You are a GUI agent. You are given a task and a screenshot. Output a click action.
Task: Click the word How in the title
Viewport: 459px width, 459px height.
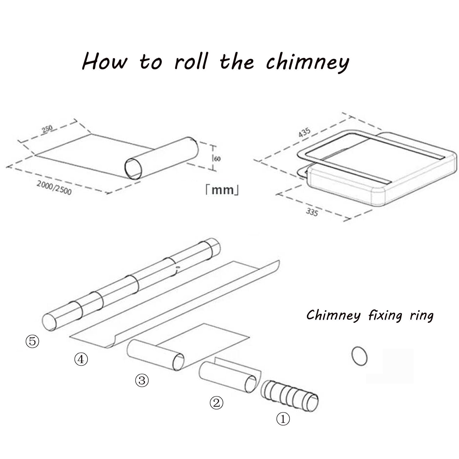click(x=104, y=61)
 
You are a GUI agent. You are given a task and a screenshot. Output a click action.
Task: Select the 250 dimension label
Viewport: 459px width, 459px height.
click(x=47, y=129)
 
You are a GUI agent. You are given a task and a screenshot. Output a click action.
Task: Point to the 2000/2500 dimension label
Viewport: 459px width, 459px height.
click(x=54, y=188)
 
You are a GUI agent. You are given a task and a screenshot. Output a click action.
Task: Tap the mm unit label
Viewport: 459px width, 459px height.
click(x=222, y=190)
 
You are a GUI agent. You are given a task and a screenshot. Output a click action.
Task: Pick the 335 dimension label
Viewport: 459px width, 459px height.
click(x=312, y=212)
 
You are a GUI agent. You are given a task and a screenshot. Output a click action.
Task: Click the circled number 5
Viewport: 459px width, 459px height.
click(x=32, y=341)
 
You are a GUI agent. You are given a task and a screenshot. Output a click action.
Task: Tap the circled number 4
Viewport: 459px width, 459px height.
click(x=81, y=359)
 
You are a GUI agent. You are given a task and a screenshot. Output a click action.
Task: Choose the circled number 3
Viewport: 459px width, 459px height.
click(x=142, y=381)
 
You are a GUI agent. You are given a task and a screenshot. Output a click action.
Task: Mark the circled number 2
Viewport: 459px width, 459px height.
click(x=217, y=403)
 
